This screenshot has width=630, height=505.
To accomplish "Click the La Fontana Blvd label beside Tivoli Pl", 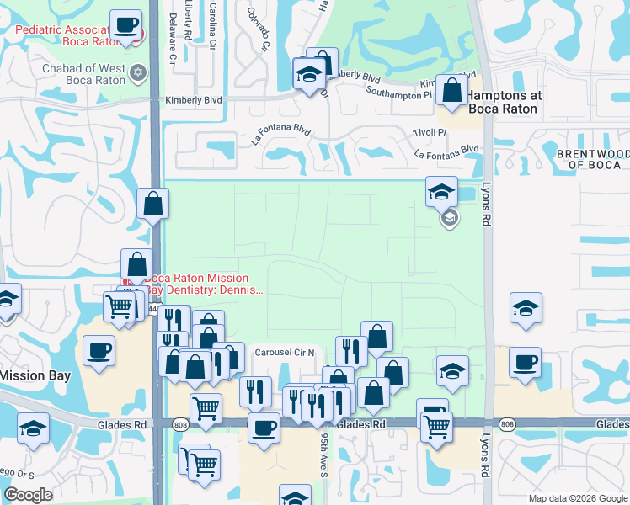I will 446,151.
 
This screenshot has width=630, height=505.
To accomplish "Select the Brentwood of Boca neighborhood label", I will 593,159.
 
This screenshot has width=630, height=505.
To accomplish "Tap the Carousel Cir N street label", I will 284,352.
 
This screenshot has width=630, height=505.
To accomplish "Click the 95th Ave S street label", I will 323,454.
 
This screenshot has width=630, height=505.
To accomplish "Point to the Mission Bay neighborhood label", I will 34,375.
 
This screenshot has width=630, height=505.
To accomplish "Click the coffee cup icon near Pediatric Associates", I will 125,24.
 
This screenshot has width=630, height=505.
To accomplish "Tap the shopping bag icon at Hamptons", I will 452,89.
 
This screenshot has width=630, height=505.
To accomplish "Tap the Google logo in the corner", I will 28,495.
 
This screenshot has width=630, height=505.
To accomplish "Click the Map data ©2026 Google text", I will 578,498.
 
